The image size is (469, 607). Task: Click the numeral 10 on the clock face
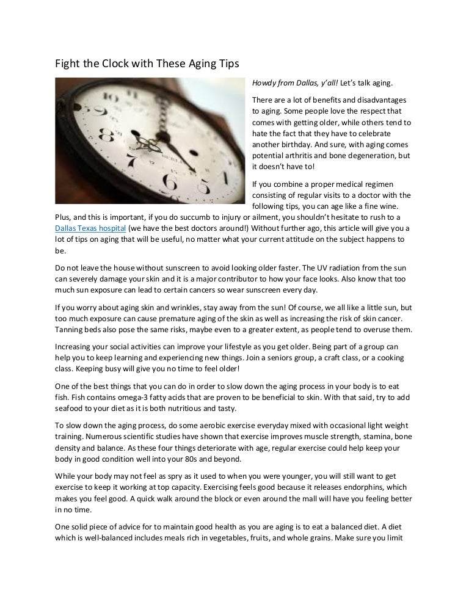click(x=112, y=98)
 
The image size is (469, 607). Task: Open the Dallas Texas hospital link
click(x=87, y=228)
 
